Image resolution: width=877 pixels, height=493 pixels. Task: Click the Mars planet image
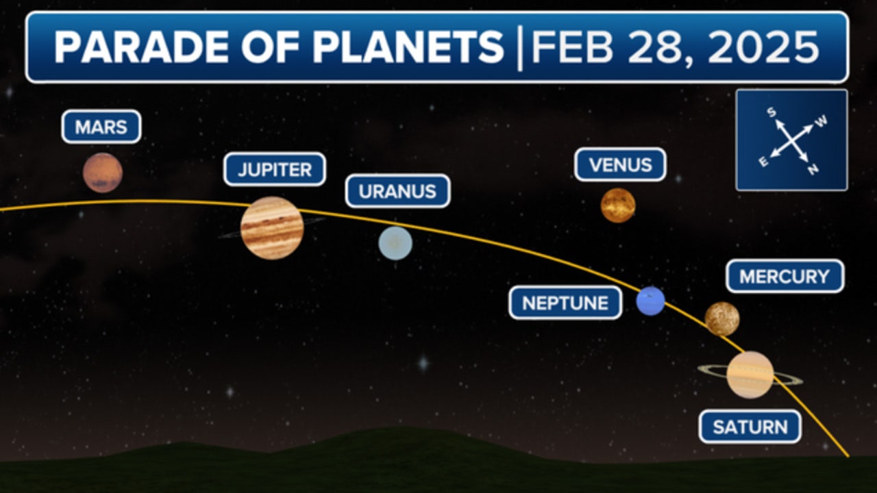pyautogui.click(x=103, y=173)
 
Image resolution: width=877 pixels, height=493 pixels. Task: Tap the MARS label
pyautogui.click(x=101, y=127)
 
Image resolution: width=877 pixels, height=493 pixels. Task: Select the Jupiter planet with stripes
pyautogui.click(x=272, y=228)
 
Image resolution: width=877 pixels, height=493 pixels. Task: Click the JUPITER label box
pyautogui.click(x=275, y=169)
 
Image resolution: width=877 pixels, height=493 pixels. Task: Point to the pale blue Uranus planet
pyautogui.click(x=396, y=243)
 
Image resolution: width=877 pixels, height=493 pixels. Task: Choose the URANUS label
pyautogui.click(x=397, y=191)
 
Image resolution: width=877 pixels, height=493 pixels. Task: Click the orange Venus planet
pyautogui.click(x=618, y=205)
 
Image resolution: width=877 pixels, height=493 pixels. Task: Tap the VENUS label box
pyautogui.click(x=620, y=165)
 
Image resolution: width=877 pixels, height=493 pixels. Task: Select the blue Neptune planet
pyautogui.click(x=650, y=301)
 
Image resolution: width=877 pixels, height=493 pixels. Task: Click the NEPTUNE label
pyautogui.click(x=565, y=303)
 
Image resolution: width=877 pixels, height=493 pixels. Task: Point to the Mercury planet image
pyautogui.click(x=722, y=319)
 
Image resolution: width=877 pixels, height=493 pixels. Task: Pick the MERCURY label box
pyautogui.click(x=785, y=276)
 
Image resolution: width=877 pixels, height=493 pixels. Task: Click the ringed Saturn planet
pyautogui.click(x=750, y=375)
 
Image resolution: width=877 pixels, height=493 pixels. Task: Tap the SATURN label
pyautogui.click(x=750, y=427)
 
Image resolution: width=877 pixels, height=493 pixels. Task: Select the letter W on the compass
pyautogui.click(x=822, y=121)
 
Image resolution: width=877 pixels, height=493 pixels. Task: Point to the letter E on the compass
pyautogui.click(x=763, y=162)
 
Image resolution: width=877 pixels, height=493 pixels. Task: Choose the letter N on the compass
pyautogui.click(x=813, y=170)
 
